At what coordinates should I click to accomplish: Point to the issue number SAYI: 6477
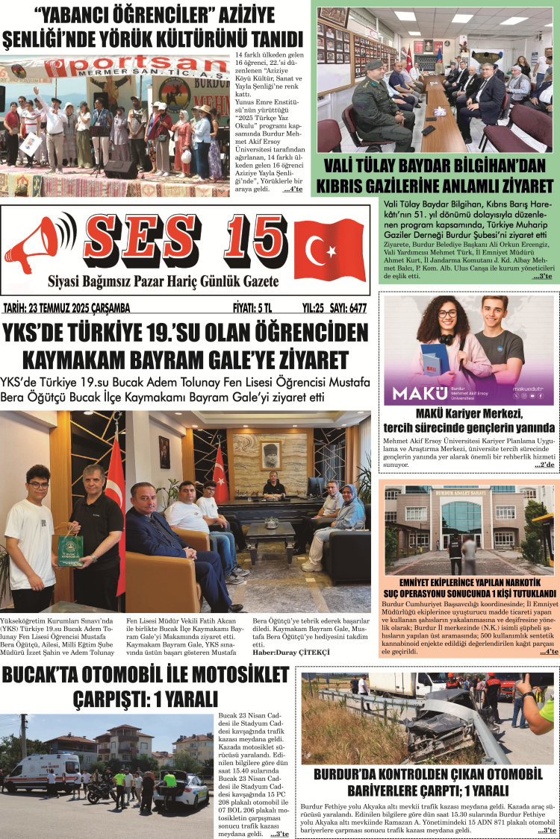pos(346,307)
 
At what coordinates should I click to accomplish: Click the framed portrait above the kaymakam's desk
pos(271,453)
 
